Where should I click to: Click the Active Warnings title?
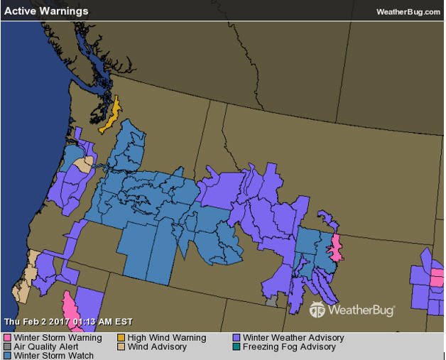(46, 11)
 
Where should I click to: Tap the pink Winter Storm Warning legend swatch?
(8, 338)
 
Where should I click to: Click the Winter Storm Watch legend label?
(53, 356)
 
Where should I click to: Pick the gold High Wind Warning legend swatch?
(121, 338)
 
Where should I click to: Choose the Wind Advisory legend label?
(157, 347)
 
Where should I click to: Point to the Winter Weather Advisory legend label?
(293, 338)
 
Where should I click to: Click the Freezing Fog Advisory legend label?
(289, 347)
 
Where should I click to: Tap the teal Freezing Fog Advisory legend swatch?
(236, 347)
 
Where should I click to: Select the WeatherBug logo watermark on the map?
(352, 310)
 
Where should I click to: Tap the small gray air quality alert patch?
(271, 302)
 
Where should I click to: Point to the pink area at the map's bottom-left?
(70, 307)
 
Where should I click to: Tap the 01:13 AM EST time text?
(107, 322)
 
